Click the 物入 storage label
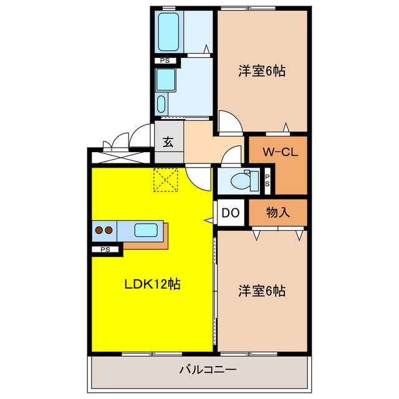click(279, 213)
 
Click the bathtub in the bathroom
click(169, 31)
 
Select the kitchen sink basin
click(147, 230)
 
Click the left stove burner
click(99, 230)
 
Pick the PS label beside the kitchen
click(105, 250)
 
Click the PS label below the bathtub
click(165, 60)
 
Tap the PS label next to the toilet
click(267, 180)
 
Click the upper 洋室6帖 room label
click(262, 71)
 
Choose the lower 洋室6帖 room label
click(262, 291)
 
